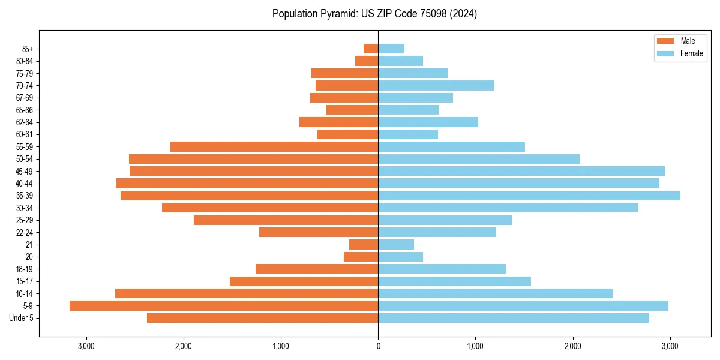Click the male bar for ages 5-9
coord(224,305)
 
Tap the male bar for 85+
coord(371,49)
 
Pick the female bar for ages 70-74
coord(436,85)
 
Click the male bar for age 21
coord(364,244)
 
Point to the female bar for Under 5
coord(514,318)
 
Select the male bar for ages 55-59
coord(274,146)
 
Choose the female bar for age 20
coord(400,257)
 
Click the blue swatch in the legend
coord(666,53)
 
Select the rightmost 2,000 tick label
coord(573,346)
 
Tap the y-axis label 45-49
coord(25,171)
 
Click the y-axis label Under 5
coord(22,318)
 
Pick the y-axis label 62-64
coord(25,122)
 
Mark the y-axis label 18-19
coord(25,269)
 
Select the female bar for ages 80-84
coord(400,61)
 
